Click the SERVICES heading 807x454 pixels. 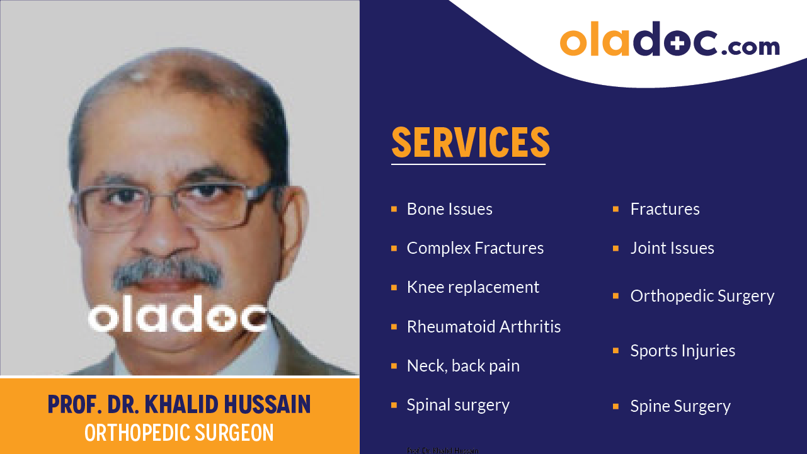point(471,142)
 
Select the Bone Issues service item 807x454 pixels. point(449,209)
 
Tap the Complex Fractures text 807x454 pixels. point(475,248)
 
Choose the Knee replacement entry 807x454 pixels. point(472,287)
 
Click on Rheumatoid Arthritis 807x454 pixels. point(483,327)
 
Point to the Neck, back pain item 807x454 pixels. point(463,366)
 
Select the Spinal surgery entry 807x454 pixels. point(458,405)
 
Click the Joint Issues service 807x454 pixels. point(672,248)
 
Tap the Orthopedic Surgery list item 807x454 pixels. point(702,296)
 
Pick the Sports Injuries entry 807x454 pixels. point(682,351)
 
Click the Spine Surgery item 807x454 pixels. point(680,406)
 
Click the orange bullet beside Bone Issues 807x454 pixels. point(394,209)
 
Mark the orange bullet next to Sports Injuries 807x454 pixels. point(616,351)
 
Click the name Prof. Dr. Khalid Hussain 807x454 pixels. point(180,404)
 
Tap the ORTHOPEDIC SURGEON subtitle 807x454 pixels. point(180,433)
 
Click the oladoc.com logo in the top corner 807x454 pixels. point(669,40)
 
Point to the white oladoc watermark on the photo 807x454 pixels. point(178,315)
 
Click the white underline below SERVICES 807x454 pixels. point(468,164)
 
